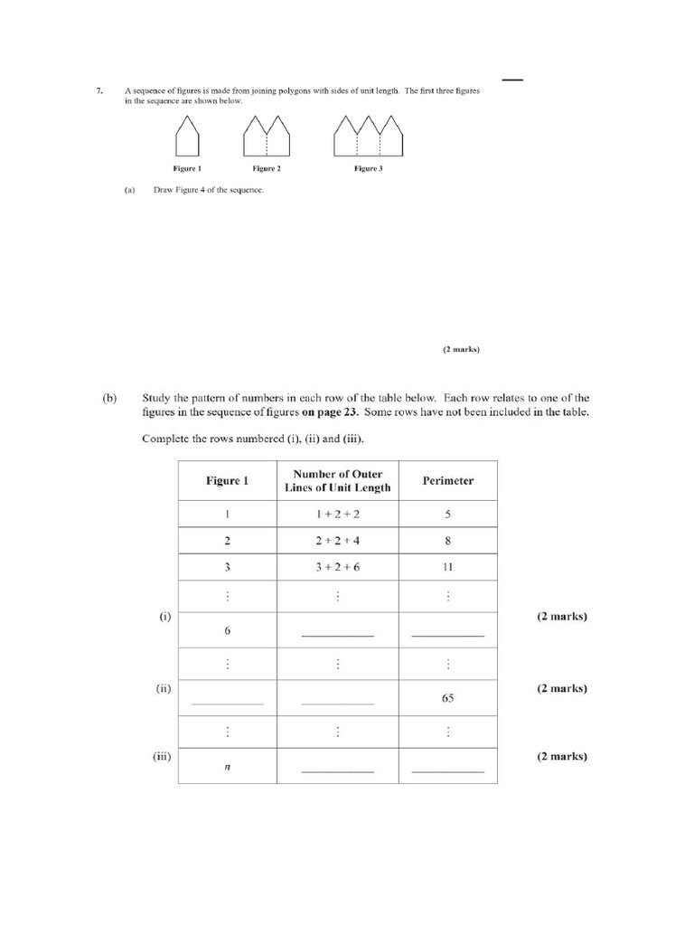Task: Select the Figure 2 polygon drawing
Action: (267, 136)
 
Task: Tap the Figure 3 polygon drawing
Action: (368, 136)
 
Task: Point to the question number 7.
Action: (99, 90)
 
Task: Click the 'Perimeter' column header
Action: (448, 480)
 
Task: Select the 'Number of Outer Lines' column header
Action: (337, 480)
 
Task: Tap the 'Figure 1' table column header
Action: (227, 480)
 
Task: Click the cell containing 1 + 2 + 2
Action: (337, 515)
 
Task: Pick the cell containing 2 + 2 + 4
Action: (337, 542)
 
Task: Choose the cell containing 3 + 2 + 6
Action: (337, 568)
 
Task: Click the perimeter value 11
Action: (448, 568)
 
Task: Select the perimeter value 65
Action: (448, 698)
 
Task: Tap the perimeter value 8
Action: (448, 542)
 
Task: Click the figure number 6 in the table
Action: (227, 630)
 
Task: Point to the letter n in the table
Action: (227, 766)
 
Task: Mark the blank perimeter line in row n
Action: (448, 770)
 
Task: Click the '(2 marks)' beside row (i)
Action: (561, 617)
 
